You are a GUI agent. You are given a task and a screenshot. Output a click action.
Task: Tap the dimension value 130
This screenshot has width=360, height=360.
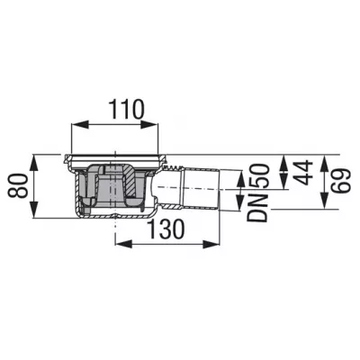pyautogui.click(x=166, y=229)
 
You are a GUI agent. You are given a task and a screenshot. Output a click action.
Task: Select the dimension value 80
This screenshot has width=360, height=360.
pyautogui.click(x=18, y=186)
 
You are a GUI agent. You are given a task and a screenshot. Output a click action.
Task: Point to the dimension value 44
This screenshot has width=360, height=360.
pyautogui.click(x=303, y=172)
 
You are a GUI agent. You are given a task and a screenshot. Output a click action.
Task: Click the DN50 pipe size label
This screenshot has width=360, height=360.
pyautogui.click(x=257, y=193)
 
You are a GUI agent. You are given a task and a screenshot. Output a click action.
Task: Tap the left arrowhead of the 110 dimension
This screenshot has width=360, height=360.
pyautogui.click(x=80, y=125)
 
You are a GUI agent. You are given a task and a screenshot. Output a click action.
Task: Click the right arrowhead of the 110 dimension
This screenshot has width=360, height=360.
pyautogui.click(x=149, y=125)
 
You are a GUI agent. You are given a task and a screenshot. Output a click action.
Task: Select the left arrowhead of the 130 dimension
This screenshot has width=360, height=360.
pyautogui.click(x=124, y=244)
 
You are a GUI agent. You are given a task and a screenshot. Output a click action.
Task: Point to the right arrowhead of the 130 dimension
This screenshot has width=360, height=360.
pyautogui.click(x=211, y=244)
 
